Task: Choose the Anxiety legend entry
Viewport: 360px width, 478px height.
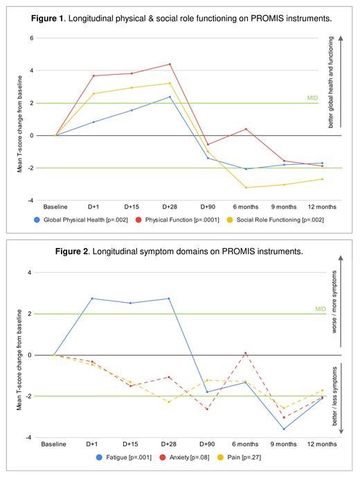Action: [x=181, y=457]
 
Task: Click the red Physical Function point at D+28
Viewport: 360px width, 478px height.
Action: [x=170, y=64]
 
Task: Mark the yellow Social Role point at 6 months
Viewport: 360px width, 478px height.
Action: [x=245, y=188]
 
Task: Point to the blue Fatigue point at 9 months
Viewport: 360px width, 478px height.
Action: [x=283, y=429]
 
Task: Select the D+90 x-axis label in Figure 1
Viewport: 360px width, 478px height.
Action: [x=207, y=206]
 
